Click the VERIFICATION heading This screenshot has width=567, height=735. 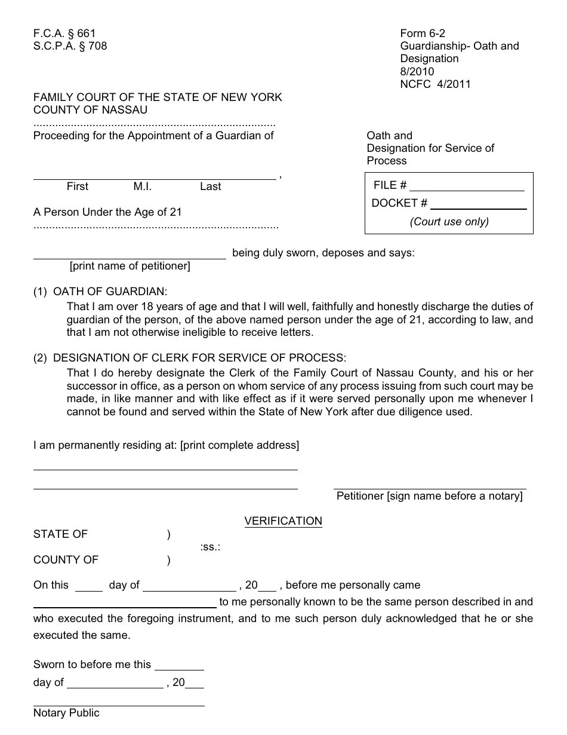pyautogui.click(x=283, y=521)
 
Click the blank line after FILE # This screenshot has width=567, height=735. pyautogui.click(x=467, y=186)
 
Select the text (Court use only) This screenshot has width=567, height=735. pyautogui.click(x=449, y=222)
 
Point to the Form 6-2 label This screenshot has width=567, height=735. pyautogui.click(x=423, y=33)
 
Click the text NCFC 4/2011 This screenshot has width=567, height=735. pyautogui.click(x=435, y=84)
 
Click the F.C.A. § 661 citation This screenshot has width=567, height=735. pyautogui.click(x=64, y=33)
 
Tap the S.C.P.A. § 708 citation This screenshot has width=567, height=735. pyautogui.click(x=70, y=46)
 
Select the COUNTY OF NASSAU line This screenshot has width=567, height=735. pyautogui.click(x=90, y=110)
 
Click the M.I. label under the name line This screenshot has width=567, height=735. pyautogui.click(x=143, y=186)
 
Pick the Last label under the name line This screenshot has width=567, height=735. pyautogui.click(x=210, y=186)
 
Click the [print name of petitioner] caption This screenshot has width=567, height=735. pyautogui.click(x=130, y=266)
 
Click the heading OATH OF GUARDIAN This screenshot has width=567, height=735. pyautogui.click(x=110, y=292)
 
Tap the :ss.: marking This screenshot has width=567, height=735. pyautogui.click(x=210, y=547)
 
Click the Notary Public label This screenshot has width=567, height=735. pyautogui.click(x=66, y=713)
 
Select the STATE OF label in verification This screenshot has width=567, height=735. pyautogui.click(x=60, y=534)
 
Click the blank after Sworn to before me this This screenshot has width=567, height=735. pyautogui.click(x=179, y=666)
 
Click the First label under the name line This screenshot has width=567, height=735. pyautogui.click(x=77, y=186)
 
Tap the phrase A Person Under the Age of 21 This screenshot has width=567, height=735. pyautogui.click(x=107, y=212)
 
